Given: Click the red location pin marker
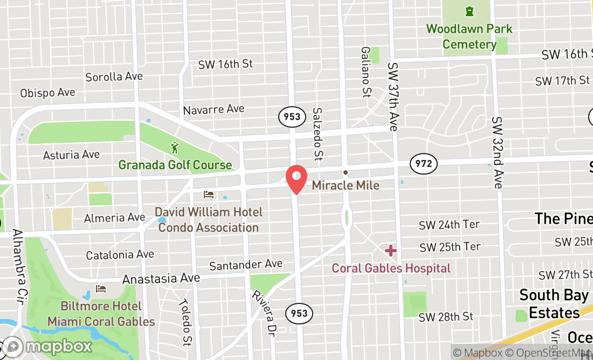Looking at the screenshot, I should coord(296,178).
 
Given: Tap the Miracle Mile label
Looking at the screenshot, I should coord(346,185).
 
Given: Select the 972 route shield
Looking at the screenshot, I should coord(424,163).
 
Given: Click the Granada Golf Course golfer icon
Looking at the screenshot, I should coord(175,147).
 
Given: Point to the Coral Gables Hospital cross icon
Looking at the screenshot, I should coord(391,250).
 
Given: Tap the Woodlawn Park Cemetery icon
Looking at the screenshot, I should coord(469,11).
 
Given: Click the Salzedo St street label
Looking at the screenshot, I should coord(318,134).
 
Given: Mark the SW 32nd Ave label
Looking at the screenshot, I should coord(497,153).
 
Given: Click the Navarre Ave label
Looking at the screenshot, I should coord(213,109).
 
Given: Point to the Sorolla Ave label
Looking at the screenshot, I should coord(114,77).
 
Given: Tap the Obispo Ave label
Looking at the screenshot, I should coord(47,93).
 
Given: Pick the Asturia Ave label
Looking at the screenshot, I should coord(71,155).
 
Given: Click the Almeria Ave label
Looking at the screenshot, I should coord(114,218).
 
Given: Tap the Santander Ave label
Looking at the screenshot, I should coord(246,265).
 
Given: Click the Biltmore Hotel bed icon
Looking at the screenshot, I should coord(101,289).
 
